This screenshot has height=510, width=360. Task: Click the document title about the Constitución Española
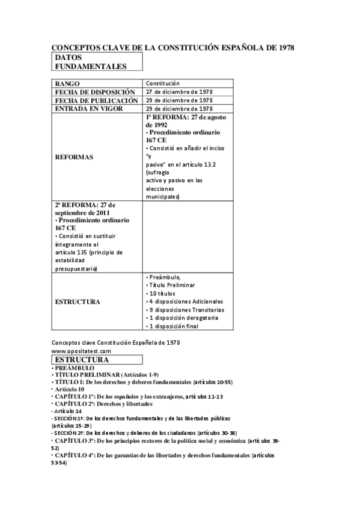(173, 47)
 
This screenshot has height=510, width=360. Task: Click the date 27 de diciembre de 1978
(179, 91)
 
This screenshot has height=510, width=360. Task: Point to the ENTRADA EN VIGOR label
(89, 108)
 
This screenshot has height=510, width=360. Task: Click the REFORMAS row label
(75, 156)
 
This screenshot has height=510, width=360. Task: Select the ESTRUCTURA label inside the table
(78, 301)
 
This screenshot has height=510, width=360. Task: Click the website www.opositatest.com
(81, 351)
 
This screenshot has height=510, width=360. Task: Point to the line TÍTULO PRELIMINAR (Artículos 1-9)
(106, 375)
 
